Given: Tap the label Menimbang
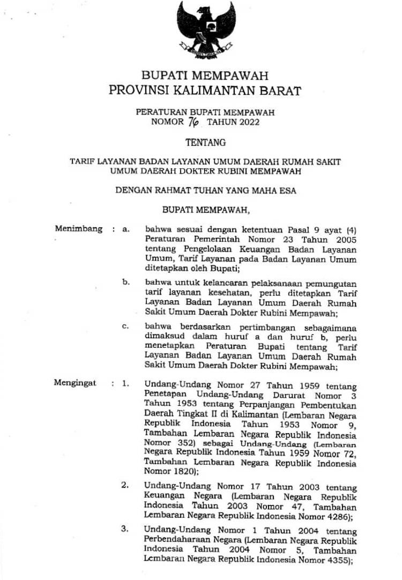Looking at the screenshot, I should click(x=78, y=228).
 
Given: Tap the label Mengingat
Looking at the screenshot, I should click(x=75, y=383).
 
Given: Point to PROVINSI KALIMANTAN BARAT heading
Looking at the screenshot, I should click(x=205, y=91).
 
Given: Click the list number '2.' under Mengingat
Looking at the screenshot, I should click(x=124, y=485).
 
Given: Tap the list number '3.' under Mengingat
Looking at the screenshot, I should click(x=124, y=529).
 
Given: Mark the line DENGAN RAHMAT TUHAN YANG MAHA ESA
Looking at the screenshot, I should click(x=206, y=189).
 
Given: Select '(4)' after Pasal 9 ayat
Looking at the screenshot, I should click(x=351, y=229).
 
